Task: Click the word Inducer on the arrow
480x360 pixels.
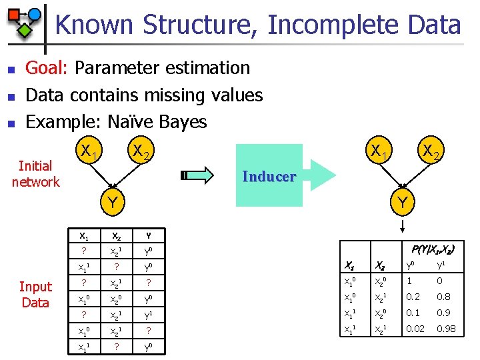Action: (269, 177)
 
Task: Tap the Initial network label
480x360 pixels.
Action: (35, 173)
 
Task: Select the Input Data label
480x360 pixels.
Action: (35, 294)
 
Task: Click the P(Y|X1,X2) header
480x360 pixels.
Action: (433, 250)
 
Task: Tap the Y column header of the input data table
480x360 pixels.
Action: (149, 235)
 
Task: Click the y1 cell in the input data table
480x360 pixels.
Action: (149, 314)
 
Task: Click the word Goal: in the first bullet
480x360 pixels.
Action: (47, 68)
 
